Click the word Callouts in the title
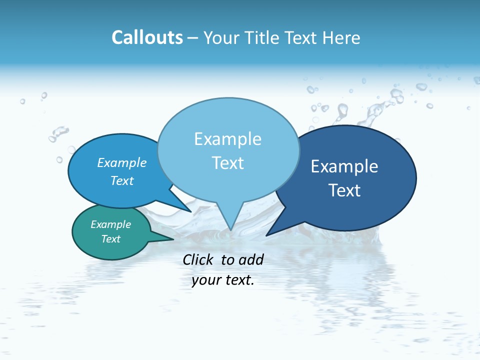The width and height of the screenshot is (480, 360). click(147, 37)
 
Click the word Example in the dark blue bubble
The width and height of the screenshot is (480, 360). click(344, 166)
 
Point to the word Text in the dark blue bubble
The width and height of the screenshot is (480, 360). click(344, 190)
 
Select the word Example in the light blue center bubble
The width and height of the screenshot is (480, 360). click(227, 139)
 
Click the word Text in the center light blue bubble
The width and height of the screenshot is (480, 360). click(227, 163)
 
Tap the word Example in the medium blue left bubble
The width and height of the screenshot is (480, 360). click(122, 162)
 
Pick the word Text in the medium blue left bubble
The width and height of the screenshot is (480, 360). click(122, 180)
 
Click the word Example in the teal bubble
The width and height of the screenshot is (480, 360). click(111, 224)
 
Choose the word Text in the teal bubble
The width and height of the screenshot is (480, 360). click(111, 239)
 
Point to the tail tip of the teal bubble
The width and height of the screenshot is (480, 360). click(173, 239)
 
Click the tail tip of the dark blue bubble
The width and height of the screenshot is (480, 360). click(266, 235)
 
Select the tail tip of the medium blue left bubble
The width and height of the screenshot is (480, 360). click(191, 211)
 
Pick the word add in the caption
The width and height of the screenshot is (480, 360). click(250, 259)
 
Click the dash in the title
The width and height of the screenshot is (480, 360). click(193, 38)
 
